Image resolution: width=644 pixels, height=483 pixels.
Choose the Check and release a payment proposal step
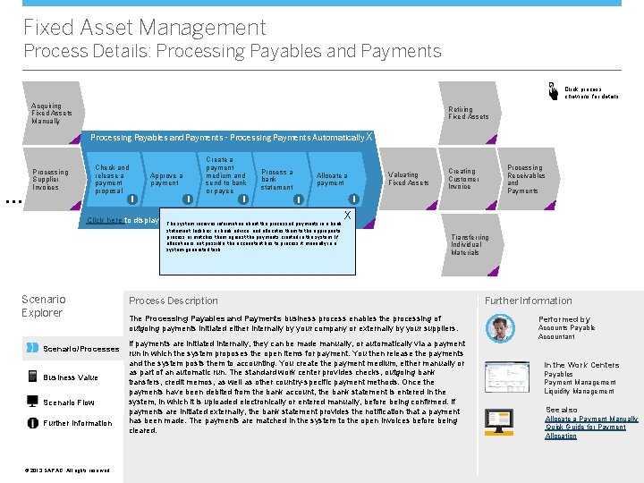pos(114,179)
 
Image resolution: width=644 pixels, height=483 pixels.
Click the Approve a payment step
pos(167,179)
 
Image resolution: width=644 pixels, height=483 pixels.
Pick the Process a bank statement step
pos(277,179)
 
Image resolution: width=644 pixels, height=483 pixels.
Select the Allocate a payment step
pos(333,179)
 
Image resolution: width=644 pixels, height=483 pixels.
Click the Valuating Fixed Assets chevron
pos(408,179)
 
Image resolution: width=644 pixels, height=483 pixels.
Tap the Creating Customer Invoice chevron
pos(464,179)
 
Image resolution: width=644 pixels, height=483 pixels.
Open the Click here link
pos(104,221)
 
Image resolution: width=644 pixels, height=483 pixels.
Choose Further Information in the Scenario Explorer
pos(79,423)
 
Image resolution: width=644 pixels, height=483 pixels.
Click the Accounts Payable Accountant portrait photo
pos(500,328)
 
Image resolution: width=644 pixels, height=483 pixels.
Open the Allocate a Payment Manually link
pos(591,419)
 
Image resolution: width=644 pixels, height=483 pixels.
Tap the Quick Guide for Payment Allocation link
pos(586,431)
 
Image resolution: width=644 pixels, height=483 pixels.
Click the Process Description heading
pos(174,301)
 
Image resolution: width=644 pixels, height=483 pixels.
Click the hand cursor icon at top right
pos(553,89)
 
